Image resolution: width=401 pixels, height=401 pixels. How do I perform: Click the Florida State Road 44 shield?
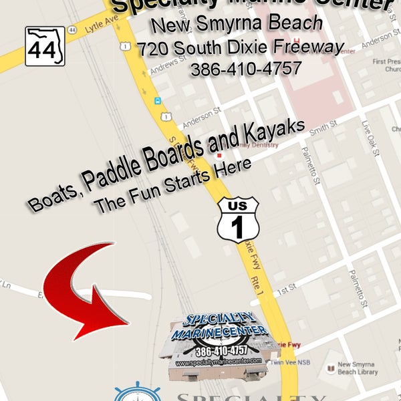click(45, 46)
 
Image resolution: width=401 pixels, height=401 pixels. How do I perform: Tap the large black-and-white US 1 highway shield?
click(238, 219)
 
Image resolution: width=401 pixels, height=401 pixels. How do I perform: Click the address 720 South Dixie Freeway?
click(241, 47)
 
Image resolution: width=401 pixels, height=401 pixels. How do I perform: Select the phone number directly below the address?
click(245, 69)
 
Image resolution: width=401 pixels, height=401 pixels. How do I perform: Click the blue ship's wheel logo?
click(137, 393)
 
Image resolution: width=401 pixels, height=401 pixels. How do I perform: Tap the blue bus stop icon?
click(158, 101)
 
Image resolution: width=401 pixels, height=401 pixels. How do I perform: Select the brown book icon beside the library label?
click(330, 369)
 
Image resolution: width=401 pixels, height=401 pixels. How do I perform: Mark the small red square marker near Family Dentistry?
click(219, 155)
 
